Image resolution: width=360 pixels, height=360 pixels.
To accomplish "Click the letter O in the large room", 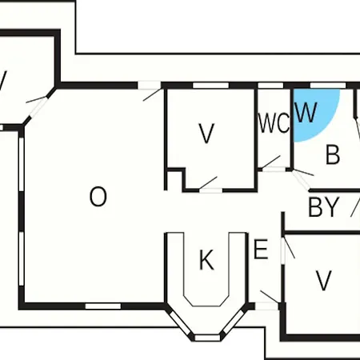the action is pyautogui.click(x=98, y=197).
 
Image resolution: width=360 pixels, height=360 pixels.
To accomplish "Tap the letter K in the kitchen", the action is pyautogui.click(x=206, y=260).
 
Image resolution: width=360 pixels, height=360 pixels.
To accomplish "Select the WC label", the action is pyautogui.click(x=274, y=123).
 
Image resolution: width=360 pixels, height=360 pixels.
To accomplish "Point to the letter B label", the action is pyautogui.click(x=333, y=154).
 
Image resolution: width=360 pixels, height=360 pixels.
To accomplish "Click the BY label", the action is pyautogui.click(x=324, y=207).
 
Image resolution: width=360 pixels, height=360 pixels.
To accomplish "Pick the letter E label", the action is pyautogui.click(x=261, y=250).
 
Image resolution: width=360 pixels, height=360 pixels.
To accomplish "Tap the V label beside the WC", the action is pyautogui.click(x=207, y=134).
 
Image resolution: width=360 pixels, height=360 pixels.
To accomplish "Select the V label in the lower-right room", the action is pyautogui.click(x=323, y=281).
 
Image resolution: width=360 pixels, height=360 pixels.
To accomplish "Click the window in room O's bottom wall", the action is pyautogui.click(x=103, y=306).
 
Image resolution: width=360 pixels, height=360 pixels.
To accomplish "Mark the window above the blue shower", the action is pyautogui.click(x=328, y=86).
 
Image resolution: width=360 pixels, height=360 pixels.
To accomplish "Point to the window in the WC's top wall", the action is pyautogui.click(x=271, y=86).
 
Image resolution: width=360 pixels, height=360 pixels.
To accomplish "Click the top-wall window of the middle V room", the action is pyautogui.click(x=210, y=86).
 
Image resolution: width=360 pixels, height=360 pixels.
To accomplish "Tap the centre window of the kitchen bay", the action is pyautogui.click(x=207, y=338).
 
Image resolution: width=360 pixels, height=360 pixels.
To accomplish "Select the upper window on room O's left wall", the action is pyautogui.click(x=22, y=164).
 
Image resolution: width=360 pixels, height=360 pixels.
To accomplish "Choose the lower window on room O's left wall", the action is pyautogui.click(x=22, y=258).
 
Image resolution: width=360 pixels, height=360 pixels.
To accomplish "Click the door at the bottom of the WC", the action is pyautogui.click(x=274, y=169).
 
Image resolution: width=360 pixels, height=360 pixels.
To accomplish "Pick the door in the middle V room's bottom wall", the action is pyautogui.click(x=211, y=190).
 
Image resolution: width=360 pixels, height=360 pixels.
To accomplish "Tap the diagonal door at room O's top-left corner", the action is pyautogui.click(x=38, y=107).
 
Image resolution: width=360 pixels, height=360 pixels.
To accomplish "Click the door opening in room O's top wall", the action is pyautogui.click(x=149, y=86).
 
